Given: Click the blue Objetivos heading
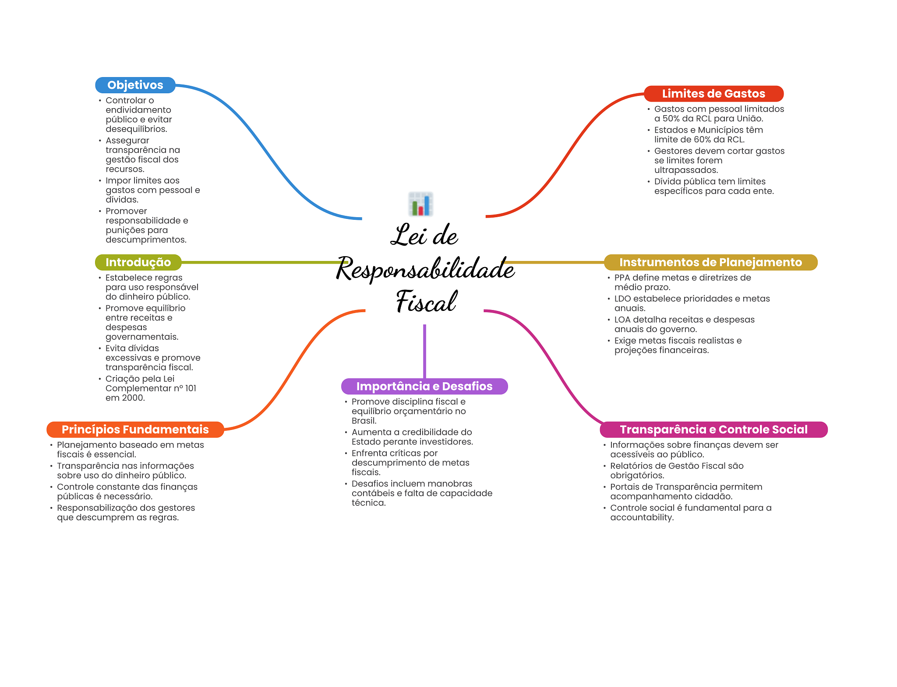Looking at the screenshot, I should [135, 85].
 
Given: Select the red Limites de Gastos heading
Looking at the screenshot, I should [713, 94].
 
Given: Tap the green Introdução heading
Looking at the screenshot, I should [138, 262].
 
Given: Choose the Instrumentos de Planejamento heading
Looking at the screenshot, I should [710, 262].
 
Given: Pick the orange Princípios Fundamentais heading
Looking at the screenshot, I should [135, 430].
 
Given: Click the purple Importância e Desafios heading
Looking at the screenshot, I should [424, 386].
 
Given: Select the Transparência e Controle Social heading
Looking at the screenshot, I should [713, 430].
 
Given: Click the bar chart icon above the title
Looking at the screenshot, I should [420, 204].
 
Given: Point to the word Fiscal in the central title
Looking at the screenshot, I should [426, 302].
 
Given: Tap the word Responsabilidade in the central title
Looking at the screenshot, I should [425, 268].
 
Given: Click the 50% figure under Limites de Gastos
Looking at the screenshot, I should [671, 119].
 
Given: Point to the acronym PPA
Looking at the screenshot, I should [622, 278].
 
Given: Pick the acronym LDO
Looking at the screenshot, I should [622, 299].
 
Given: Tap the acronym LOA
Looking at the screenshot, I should [622, 320].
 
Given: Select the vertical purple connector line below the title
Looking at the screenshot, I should [424, 350].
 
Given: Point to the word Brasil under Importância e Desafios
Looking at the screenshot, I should [364, 421].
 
